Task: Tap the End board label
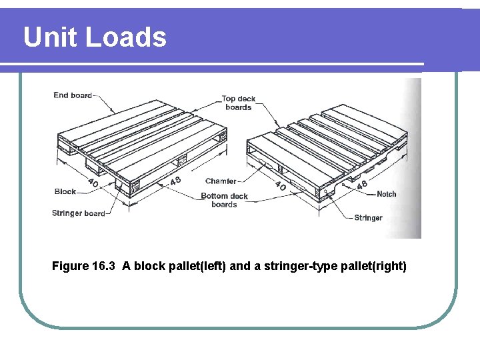[73, 95]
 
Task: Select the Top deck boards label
[239, 103]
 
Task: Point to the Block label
[65, 191]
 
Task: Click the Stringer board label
[79, 213]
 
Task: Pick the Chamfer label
[221, 181]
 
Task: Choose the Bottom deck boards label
[224, 200]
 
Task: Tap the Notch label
[386, 194]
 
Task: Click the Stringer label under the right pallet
[368, 218]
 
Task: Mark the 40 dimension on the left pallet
[94, 182]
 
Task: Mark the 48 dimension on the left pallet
[175, 181]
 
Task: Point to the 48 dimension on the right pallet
[362, 185]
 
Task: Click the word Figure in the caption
[70, 267]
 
